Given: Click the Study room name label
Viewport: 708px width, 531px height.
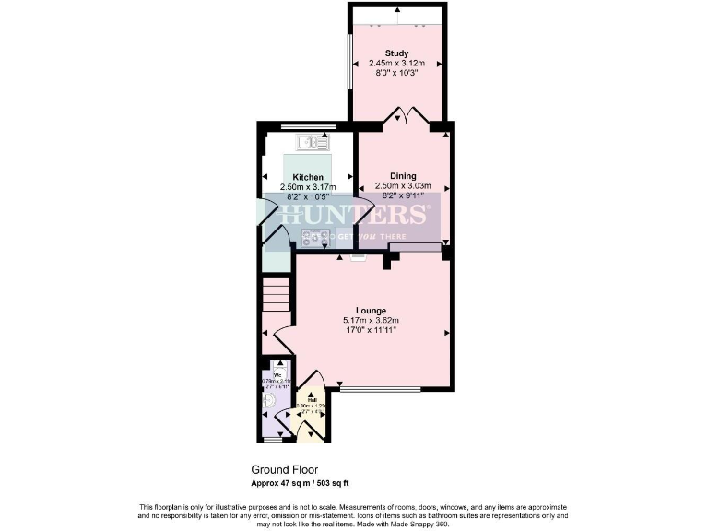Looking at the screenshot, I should coord(396,53).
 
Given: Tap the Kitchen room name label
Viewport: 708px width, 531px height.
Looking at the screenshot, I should coord(308,177).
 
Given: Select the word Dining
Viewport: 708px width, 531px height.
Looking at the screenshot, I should coord(403,176).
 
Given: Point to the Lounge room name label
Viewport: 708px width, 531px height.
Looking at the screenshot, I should coord(371,311).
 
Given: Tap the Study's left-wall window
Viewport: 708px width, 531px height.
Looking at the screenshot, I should coord(348,63).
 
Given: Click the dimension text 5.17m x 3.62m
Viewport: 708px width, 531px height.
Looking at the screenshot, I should coord(371,320).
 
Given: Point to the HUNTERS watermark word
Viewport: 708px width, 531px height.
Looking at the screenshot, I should coord(355,217).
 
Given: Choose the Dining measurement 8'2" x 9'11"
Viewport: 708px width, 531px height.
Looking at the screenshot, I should coord(403,195).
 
